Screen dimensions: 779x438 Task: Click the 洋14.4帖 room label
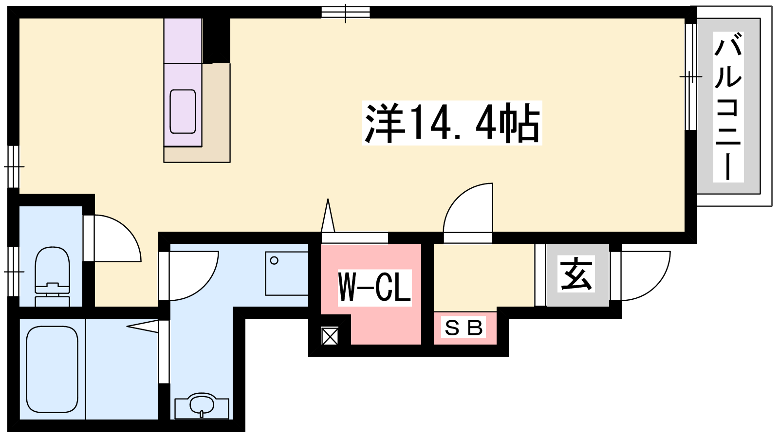click(452, 123)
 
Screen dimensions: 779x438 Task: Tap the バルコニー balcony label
click(728, 107)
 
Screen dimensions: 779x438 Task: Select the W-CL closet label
click(375, 288)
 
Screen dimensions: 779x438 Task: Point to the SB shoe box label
click(464, 328)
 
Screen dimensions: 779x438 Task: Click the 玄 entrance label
click(576, 274)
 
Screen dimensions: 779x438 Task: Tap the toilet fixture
click(52, 277)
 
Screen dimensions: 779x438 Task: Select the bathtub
click(52, 369)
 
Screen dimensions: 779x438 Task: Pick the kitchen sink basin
click(183, 111)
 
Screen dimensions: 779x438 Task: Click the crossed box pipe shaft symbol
click(330, 336)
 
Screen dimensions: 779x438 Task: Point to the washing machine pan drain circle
click(274, 260)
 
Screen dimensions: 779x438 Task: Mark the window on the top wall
click(345, 13)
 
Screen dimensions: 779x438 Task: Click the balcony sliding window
click(691, 76)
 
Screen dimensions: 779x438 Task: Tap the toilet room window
click(13, 272)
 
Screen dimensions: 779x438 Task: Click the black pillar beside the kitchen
click(216, 41)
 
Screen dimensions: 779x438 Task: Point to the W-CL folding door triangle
click(328, 215)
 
